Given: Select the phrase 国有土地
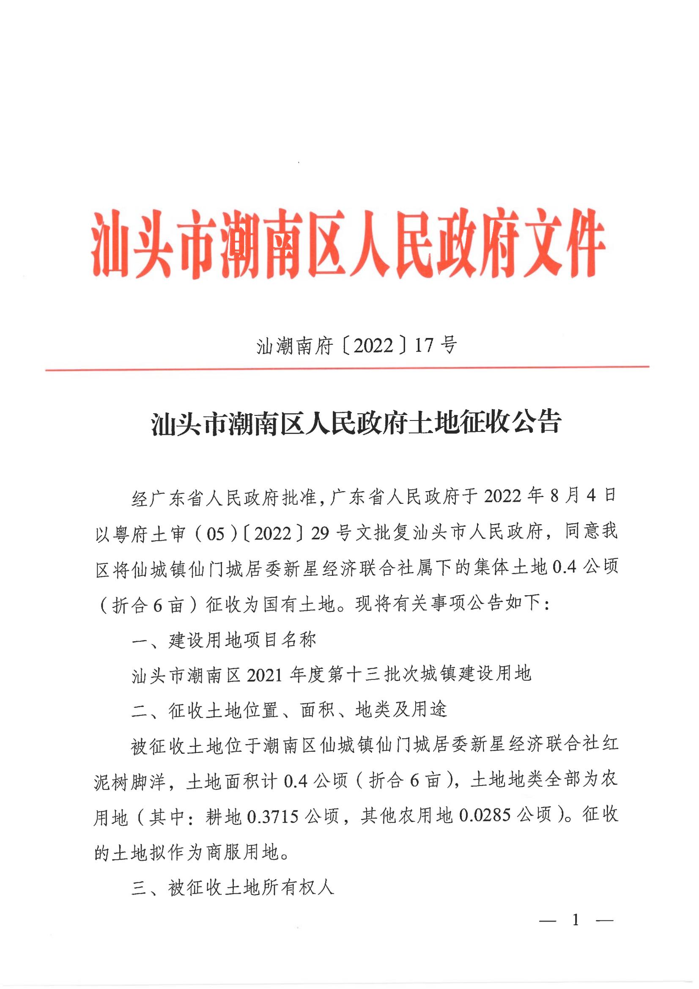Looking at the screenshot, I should (x=299, y=605).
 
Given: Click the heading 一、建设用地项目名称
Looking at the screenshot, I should (x=224, y=640).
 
